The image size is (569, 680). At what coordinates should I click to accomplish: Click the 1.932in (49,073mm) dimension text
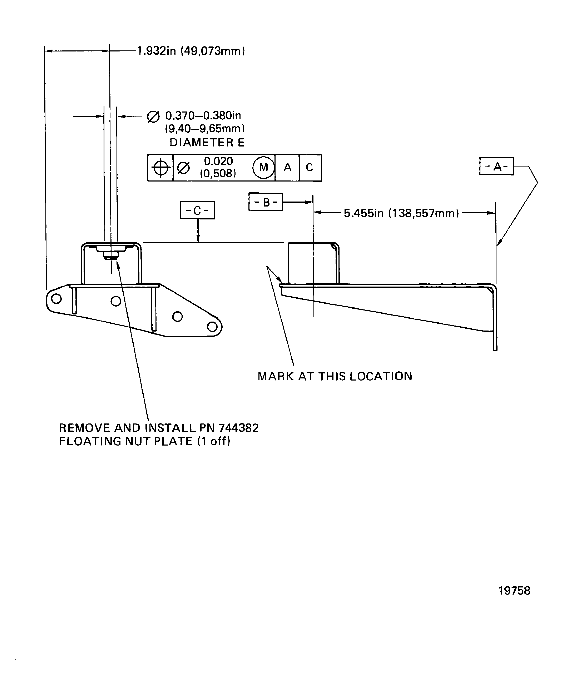pyautogui.click(x=191, y=51)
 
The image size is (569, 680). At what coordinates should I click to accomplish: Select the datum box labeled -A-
pyautogui.click(x=496, y=167)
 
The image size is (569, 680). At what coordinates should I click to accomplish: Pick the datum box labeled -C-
pyautogui.click(x=197, y=210)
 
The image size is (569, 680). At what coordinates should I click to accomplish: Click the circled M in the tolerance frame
pyautogui.click(x=264, y=167)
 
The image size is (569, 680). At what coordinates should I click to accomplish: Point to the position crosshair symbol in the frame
pyautogui.click(x=161, y=168)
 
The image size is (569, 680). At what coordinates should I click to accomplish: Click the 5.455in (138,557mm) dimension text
pyautogui.click(x=401, y=213)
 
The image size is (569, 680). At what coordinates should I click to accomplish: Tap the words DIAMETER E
pyautogui.click(x=207, y=143)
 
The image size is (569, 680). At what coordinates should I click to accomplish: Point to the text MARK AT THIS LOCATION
pyautogui.click(x=335, y=376)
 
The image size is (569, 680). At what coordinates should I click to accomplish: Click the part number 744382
pyautogui.click(x=239, y=428)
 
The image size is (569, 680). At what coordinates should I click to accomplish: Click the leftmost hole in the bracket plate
pyautogui.click(x=56, y=299)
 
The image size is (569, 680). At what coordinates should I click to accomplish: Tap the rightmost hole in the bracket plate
pyautogui.click(x=212, y=327)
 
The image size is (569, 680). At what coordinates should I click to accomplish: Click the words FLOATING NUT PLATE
pyautogui.click(x=126, y=441)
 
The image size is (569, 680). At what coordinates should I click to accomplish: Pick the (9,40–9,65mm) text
pyautogui.click(x=205, y=129)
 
